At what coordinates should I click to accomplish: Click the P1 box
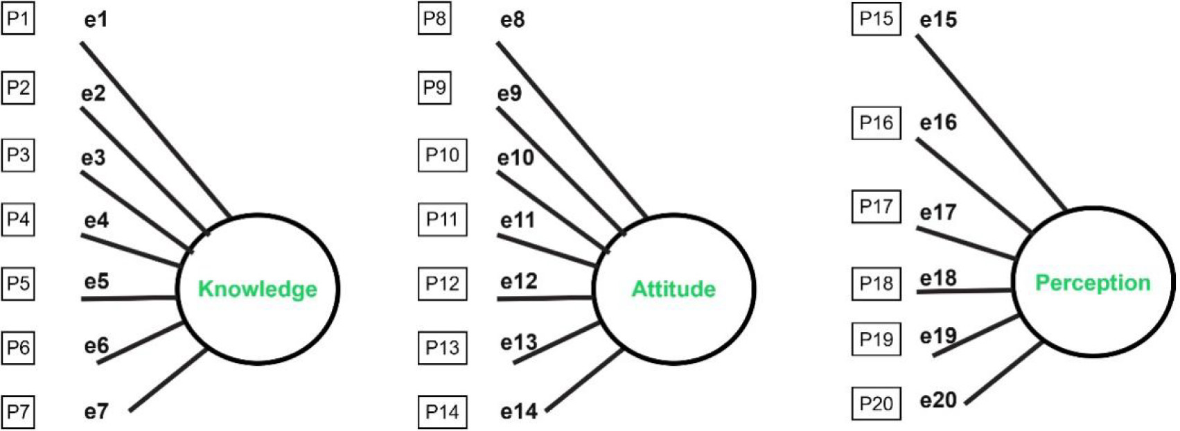coord(18,19)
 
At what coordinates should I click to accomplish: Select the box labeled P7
coord(18,412)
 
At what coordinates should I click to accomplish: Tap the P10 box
coord(443,155)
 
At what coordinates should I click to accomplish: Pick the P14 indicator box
coord(443,412)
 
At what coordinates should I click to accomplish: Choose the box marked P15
coord(877,19)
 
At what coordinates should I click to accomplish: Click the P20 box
coord(877,403)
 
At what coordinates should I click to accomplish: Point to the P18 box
coord(877,283)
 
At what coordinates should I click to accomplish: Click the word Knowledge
coord(258,289)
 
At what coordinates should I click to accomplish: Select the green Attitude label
coord(673,289)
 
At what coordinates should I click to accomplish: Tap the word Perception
coord(1093,283)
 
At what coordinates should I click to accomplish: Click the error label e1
coord(96,19)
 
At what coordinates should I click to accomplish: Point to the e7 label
coord(96,411)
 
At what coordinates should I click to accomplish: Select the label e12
coord(519,282)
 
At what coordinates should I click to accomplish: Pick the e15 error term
coord(938,20)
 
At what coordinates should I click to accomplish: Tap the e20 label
coord(938,401)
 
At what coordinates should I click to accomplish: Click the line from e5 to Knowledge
coord(129,298)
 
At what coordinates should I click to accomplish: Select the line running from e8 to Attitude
coord(572,130)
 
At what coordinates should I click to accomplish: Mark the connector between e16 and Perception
coord(974,186)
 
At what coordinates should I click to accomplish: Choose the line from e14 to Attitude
coord(584,379)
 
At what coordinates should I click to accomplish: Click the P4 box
coord(18,219)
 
